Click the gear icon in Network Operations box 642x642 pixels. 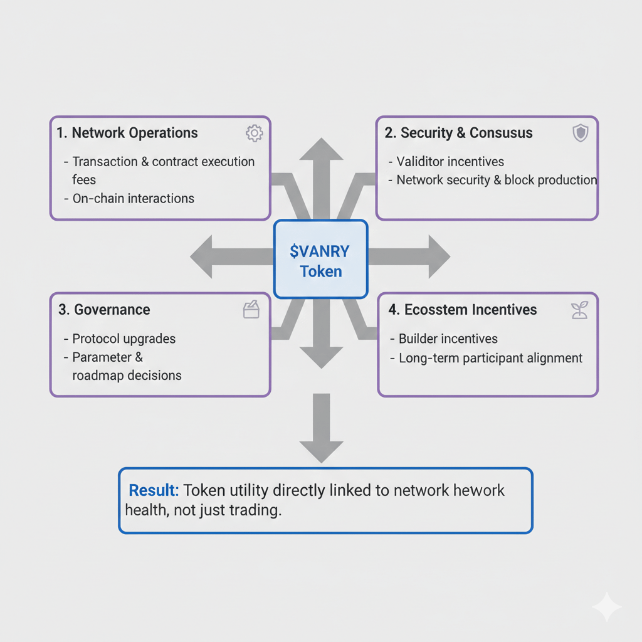pos(255,133)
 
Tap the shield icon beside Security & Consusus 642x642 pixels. pos(580,133)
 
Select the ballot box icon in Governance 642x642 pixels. pos(251,310)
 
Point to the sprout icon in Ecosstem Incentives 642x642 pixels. pos(579,310)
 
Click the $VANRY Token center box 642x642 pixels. pos(320,259)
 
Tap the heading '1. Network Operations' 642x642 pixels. pos(127,133)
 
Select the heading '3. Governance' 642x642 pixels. pos(104,310)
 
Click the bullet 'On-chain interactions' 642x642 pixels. pos(133,198)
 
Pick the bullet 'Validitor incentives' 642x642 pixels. pos(450,161)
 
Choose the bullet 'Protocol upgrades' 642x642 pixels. pos(124,339)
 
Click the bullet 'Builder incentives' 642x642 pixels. pos(448,339)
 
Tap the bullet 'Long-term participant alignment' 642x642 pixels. pos(490,358)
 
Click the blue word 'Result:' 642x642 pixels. pos(154,490)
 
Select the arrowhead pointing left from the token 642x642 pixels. pos(201,256)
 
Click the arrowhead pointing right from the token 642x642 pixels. pos(439,256)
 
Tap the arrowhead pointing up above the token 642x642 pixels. pos(322,149)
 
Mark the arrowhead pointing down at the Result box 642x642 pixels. pos(322,452)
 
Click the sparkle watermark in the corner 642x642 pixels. pos(607,607)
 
